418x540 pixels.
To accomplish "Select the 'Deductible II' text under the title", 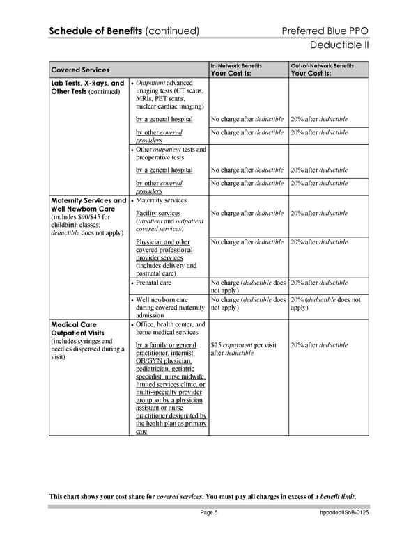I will click(x=339, y=46).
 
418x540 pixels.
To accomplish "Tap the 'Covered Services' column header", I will click(x=80, y=70).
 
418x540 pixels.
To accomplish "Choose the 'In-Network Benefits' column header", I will click(x=236, y=65).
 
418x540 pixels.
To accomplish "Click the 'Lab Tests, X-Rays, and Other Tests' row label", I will click(x=87, y=87).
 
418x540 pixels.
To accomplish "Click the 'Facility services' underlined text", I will click(x=158, y=213).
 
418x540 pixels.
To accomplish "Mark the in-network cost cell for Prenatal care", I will click(x=248, y=287).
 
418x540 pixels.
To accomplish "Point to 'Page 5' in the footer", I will click(x=209, y=513).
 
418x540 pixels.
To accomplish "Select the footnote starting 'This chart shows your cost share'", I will click(x=202, y=495).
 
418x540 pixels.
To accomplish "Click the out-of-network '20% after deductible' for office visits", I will click(x=319, y=345).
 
